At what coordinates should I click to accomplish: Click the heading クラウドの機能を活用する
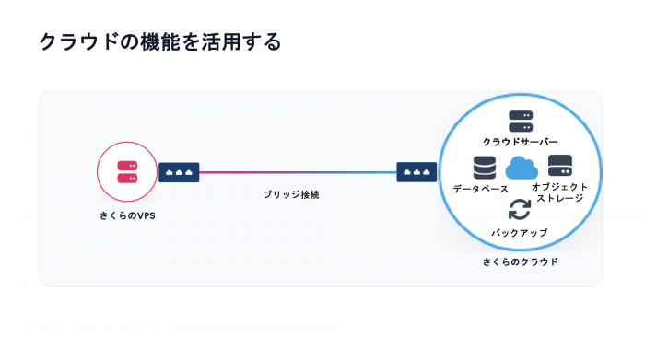point(160,42)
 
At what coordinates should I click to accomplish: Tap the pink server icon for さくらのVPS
point(127,172)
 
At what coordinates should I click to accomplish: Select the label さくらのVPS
point(127,215)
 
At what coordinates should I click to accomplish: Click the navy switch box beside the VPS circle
point(179,172)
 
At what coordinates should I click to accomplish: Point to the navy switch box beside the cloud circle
point(416,172)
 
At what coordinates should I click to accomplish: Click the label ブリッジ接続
point(291,194)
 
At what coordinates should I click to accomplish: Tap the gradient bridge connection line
point(298,172)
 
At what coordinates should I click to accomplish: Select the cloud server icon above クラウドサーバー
point(521,122)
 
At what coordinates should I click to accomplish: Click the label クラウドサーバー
point(520,142)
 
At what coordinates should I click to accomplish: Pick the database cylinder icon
point(484,168)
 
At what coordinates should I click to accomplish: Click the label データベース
point(480,189)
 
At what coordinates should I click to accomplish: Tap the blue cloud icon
point(522,168)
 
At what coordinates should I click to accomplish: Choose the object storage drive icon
point(560,166)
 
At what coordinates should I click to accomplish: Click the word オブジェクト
point(560,187)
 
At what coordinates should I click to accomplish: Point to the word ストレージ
point(560,198)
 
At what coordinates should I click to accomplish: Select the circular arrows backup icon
point(520,210)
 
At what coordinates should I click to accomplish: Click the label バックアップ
point(520,233)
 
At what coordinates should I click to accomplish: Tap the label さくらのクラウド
point(520,261)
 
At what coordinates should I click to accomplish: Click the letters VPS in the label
point(146,215)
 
